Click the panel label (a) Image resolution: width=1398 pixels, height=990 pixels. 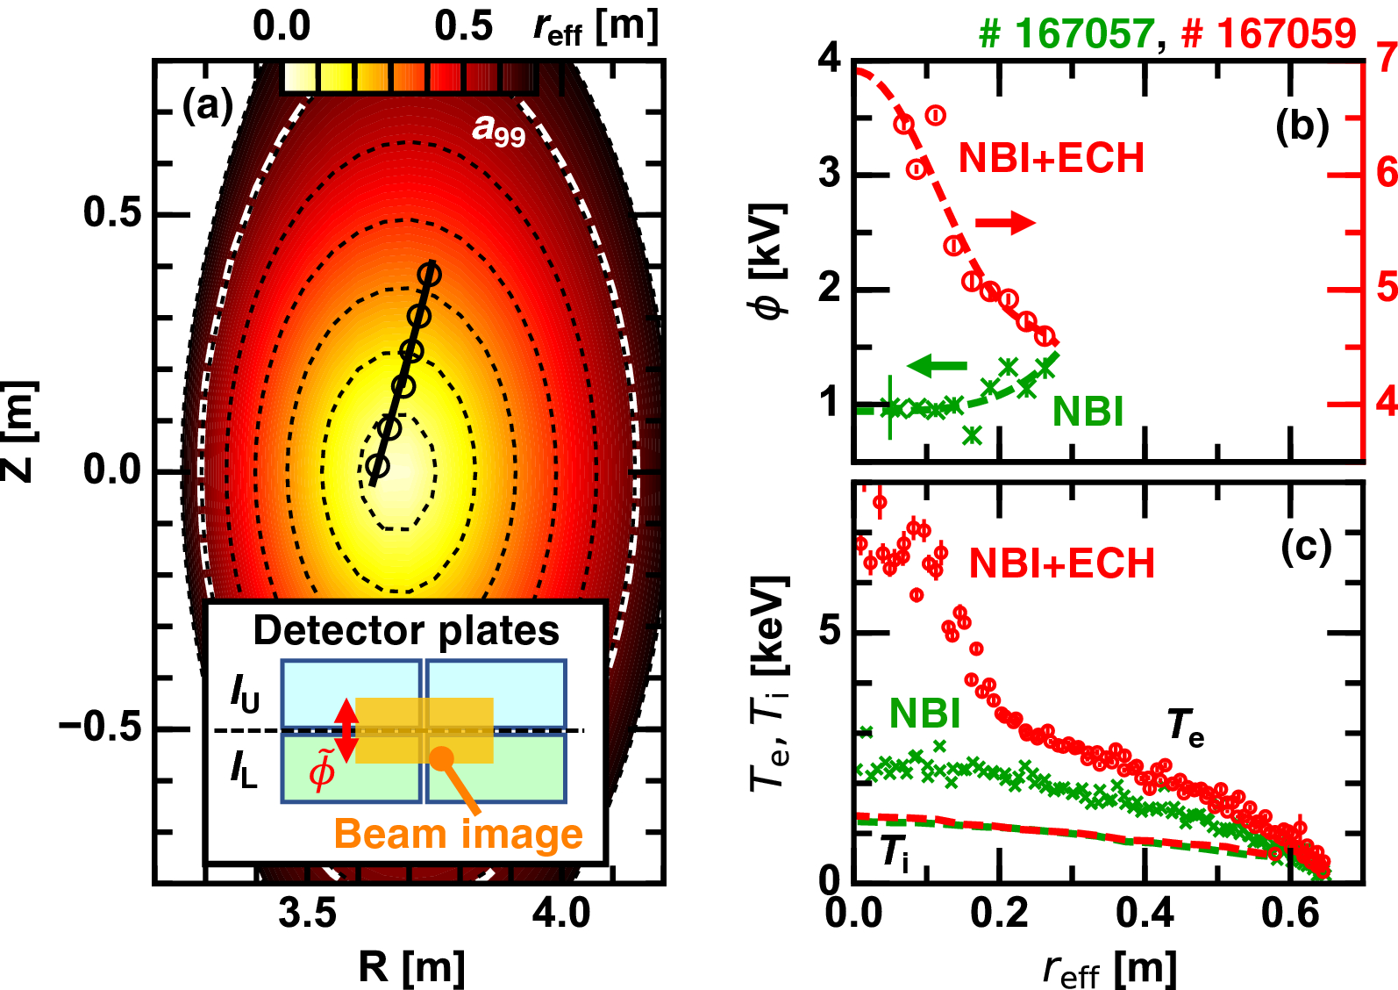coord(207,106)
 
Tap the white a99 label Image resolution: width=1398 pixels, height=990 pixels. coord(498,130)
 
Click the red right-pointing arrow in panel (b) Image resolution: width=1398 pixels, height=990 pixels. coord(1005,222)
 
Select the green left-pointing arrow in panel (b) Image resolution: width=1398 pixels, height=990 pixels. coord(937,365)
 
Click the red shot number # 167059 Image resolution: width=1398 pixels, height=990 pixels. coord(1268,33)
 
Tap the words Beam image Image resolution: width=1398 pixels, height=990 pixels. coord(458,834)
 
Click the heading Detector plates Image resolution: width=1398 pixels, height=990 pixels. coord(406,630)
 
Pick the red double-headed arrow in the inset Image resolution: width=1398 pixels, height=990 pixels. coord(346,730)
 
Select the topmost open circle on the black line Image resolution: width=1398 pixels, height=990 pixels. coord(429,274)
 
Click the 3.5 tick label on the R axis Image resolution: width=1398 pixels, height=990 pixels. coord(307,913)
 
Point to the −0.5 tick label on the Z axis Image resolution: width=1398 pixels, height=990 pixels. coord(100,728)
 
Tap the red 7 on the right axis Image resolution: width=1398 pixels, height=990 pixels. coord(1387,58)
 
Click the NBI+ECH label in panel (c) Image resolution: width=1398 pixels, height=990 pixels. coord(1061,563)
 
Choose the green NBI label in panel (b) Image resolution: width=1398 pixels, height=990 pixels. coord(1088,412)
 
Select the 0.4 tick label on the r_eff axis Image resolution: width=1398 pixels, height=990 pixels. coord(1144,914)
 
